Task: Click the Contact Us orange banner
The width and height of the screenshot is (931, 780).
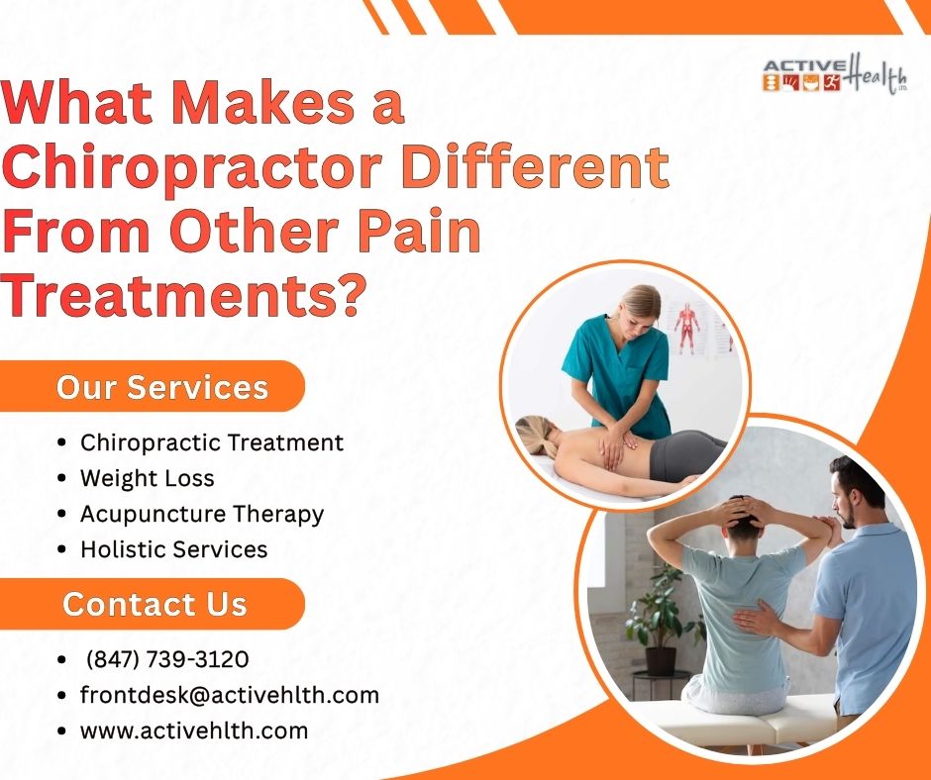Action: (x=155, y=604)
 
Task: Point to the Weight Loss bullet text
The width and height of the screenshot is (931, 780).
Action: (x=147, y=478)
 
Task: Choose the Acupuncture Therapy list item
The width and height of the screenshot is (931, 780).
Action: (x=201, y=514)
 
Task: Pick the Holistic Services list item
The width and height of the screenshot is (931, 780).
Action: (x=173, y=548)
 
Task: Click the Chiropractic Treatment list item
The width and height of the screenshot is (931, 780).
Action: (x=211, y=442)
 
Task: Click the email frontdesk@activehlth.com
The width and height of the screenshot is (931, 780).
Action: (x=229, y=695)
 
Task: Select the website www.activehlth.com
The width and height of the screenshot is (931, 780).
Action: (x=193, y=731)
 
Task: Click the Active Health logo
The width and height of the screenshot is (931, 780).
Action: (x=835, y=76)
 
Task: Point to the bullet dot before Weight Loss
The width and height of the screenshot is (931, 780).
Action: (x=63, y=479)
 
